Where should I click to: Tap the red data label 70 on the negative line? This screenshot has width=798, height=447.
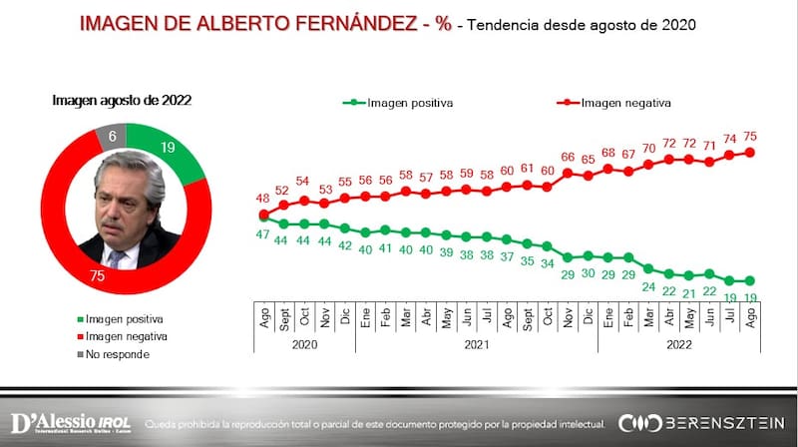648,149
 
